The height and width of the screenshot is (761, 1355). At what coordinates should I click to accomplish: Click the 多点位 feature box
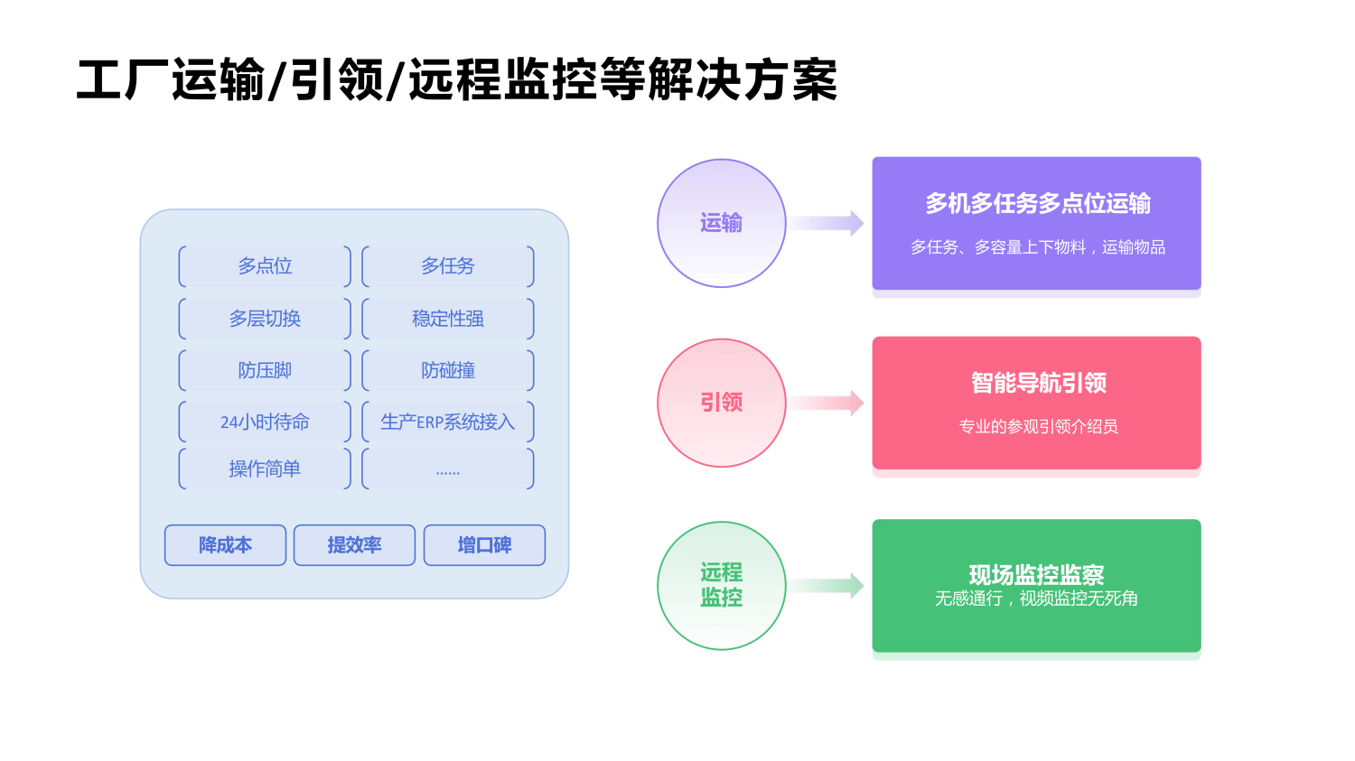265,266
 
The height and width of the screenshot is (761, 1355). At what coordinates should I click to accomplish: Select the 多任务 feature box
448,266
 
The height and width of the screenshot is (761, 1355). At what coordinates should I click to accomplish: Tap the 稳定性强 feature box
448,319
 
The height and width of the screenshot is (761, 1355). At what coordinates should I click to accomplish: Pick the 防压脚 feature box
265,370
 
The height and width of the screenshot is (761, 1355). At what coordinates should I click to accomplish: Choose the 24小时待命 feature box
265,422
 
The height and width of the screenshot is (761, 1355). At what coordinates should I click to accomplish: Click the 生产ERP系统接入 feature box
448,422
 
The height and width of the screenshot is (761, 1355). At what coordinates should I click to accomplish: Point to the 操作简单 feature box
265,469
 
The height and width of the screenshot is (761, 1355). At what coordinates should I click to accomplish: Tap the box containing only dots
448,469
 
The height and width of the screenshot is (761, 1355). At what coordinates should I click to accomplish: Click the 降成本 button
225,545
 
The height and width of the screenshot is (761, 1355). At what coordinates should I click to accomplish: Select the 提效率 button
354,545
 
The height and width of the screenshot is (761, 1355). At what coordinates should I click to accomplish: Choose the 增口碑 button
484,545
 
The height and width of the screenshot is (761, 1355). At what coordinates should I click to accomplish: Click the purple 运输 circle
721,223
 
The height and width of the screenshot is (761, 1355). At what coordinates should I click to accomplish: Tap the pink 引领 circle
721,403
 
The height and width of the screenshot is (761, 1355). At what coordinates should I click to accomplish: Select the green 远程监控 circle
721,585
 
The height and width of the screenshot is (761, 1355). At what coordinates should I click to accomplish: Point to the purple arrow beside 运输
829,223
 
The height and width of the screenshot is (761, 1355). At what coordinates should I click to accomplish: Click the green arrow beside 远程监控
829,586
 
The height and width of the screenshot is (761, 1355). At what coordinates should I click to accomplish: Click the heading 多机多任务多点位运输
1037,204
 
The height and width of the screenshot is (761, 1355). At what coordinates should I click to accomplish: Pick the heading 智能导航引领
1038,383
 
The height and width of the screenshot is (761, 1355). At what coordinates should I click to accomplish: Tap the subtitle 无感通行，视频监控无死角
1036,599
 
